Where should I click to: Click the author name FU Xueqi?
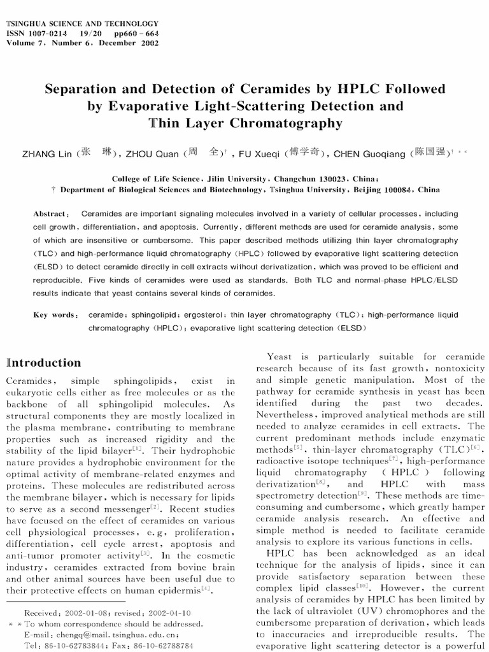tap(259, 153)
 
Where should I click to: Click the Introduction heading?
tap(44, 363)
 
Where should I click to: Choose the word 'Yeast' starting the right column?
tap(280, 357)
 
